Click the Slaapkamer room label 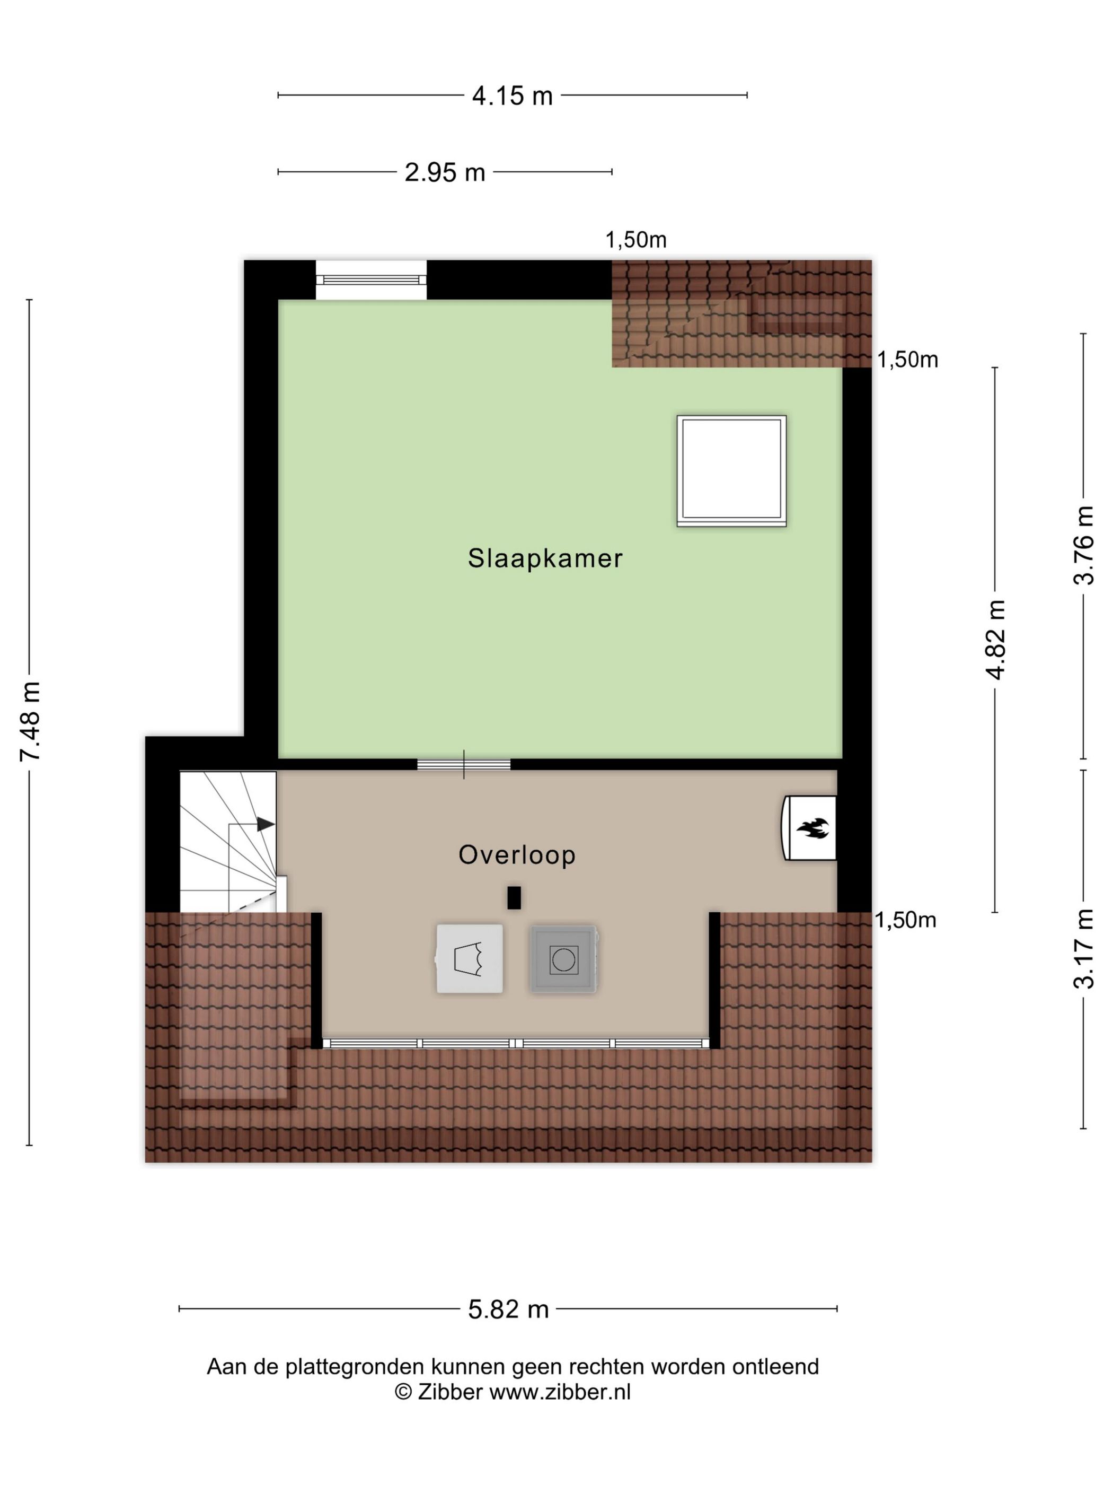tap(545, 558)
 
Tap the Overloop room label tap(517, 854)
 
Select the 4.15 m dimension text tap(512, 96)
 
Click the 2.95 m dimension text tap(445, 172)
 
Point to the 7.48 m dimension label tap(30, 721)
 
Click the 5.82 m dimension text tap(508, 1309)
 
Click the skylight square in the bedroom tap(731, 470)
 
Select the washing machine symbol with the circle tap(563, 959)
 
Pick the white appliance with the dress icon tap(469, 959)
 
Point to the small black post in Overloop tap(514, 897)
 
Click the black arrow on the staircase tap(266, 824)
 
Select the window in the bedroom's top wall tap(371, 280)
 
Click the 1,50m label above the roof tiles tap(635, 240)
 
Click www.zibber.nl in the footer tap(560, 1392)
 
